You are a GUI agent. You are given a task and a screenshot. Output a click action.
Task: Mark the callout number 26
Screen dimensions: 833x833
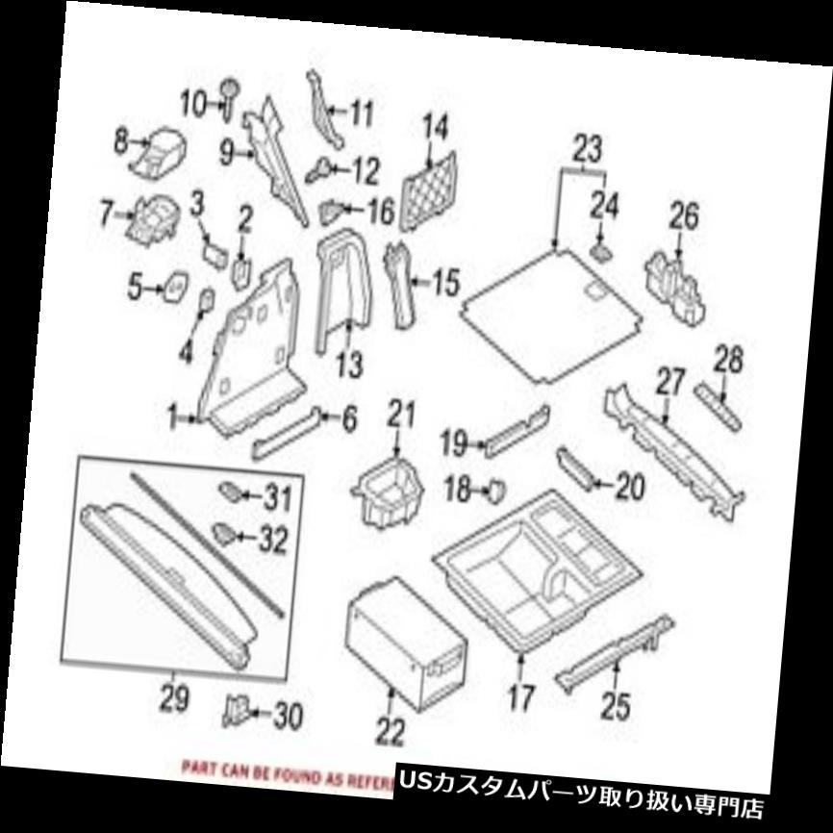click(686, 215)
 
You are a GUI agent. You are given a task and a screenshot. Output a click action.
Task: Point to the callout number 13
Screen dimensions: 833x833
click(349, 365)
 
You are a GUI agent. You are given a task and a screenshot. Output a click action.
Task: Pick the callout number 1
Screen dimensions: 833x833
click(173, 418)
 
